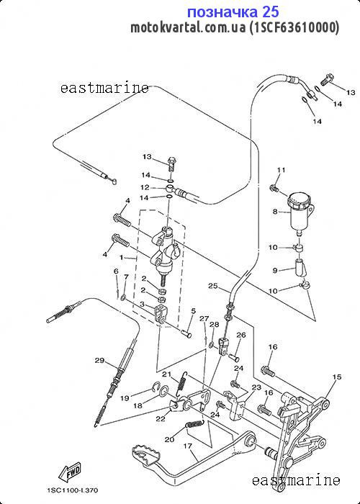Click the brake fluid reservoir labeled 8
pos(300,212)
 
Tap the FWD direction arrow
pos(69,472)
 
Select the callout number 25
pos(213,286)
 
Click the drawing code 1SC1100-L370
pos(72,490)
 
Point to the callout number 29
pos(99,360)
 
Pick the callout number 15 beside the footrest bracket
pos(337,377)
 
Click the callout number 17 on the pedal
pos(188,446)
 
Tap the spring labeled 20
pos(195,425)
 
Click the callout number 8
pos(275,212)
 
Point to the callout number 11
pos(282,170)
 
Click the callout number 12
pos(145,187)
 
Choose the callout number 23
pos(256,387)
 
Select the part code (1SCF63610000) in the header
pos(294,27)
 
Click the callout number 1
pos(122,258)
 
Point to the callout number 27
pos(204,318)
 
